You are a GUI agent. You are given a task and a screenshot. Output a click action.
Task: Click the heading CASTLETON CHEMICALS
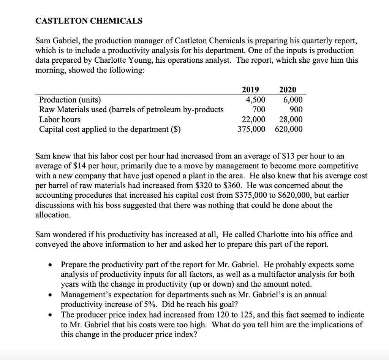(x=89, y=21)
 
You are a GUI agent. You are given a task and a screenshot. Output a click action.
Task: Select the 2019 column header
(x=250, y=90)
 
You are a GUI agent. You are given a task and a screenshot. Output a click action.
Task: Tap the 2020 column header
(x=288, y=90)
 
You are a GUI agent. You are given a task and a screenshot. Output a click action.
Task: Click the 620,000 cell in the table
(x=289, y=129)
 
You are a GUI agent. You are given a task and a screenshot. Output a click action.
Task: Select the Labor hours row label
(x=60, y=119)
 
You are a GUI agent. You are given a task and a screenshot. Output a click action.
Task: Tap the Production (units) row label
(x=70, y=100)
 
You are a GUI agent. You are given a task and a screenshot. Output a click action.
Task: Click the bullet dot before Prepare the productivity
(x=50, y=265)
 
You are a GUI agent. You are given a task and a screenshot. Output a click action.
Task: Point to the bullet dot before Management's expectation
(x=50, y=295)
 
